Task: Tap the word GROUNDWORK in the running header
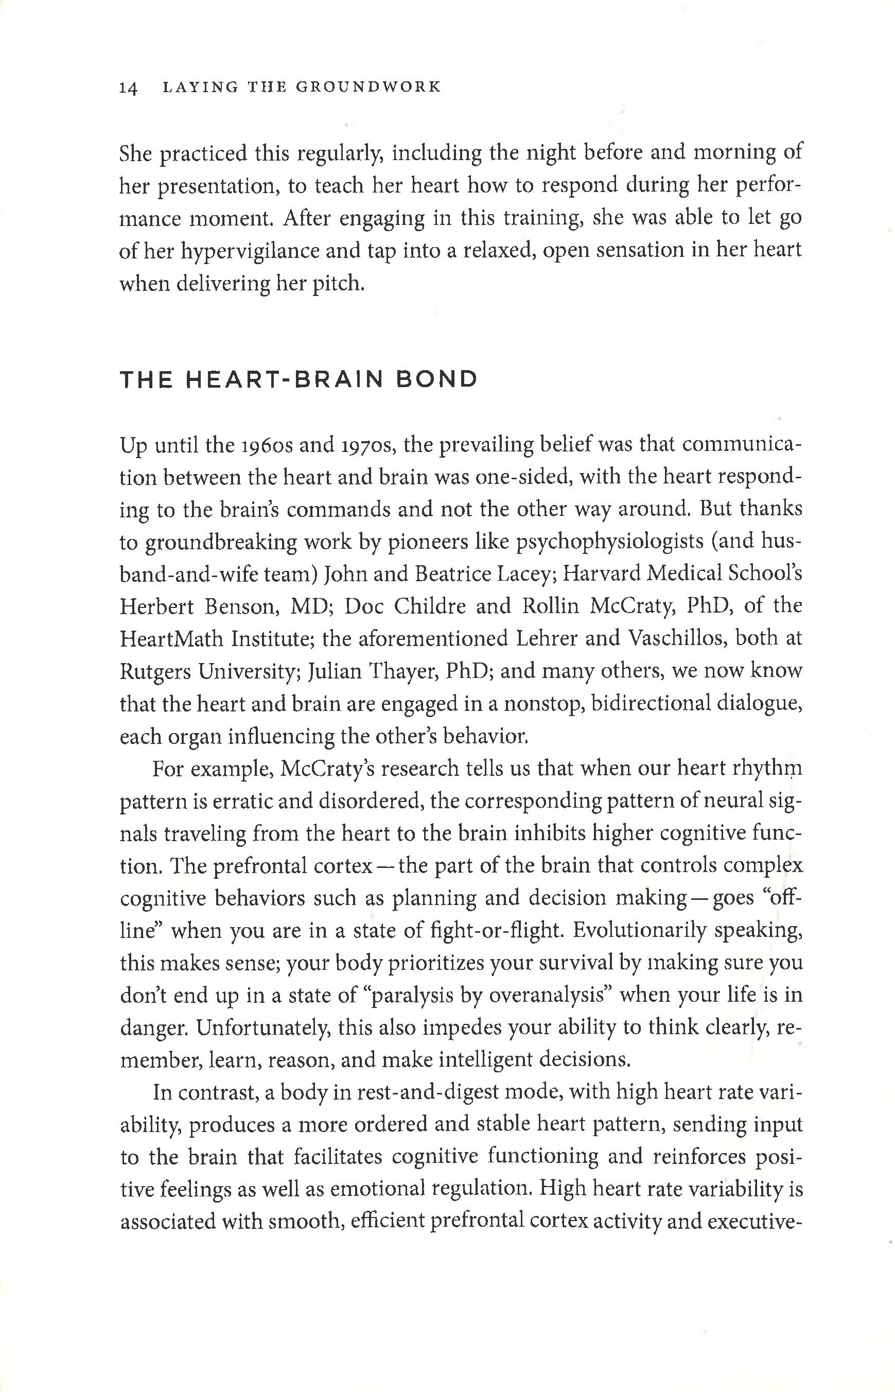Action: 368,87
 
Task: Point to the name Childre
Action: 429,606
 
